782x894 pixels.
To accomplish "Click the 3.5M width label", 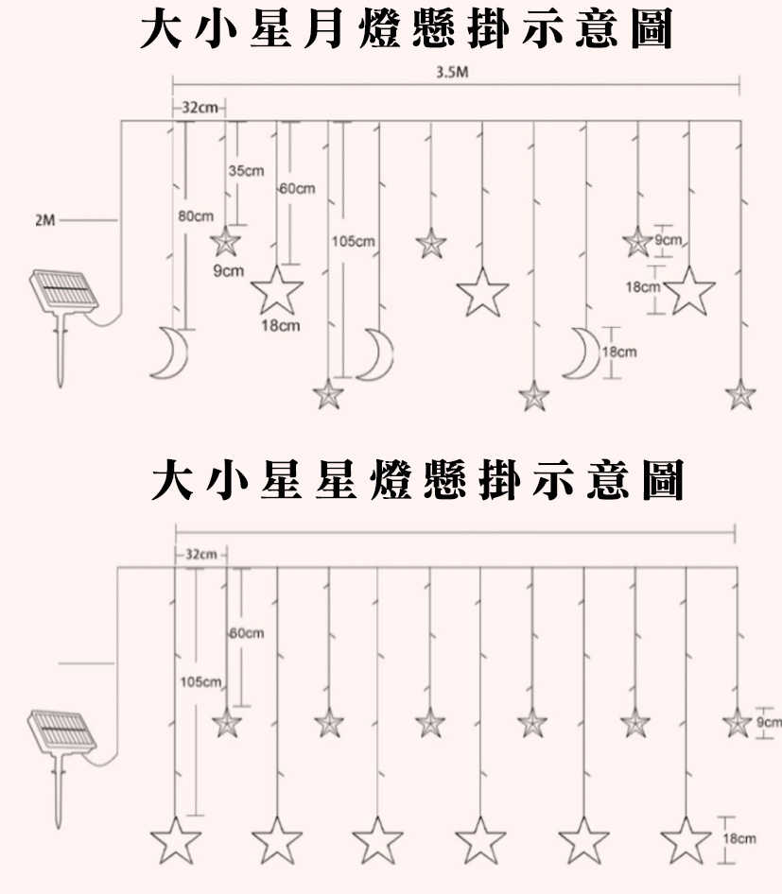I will [x=453, y=73].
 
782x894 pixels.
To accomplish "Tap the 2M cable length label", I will [x=44, y=220].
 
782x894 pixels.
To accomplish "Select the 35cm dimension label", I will [x=246, y=170].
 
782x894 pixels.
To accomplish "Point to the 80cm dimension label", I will [x=196, y=216].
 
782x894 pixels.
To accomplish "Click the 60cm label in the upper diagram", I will [x=298, y=189].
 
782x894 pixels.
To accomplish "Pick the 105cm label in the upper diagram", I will [x=354, y=242].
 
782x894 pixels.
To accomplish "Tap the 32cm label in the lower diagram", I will [x=200, y=552].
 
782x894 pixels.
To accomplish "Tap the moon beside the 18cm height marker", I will [x=582, y=352].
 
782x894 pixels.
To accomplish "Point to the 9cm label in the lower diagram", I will [x=770, y=723].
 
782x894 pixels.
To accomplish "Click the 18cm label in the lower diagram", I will [x=739, y=838].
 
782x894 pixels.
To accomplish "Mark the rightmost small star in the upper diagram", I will [x=740, y=394].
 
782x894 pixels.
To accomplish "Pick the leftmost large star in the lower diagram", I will [x=176, y=839].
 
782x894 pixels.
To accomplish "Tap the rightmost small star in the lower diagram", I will [x=737, y=723].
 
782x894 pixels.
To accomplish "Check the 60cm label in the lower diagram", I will [x=248, y=632].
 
